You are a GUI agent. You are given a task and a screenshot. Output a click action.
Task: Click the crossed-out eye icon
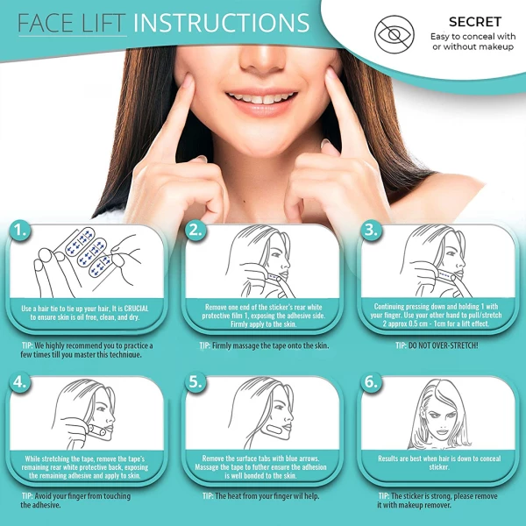(394, 34)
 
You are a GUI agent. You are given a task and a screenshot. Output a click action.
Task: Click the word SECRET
(475, 22)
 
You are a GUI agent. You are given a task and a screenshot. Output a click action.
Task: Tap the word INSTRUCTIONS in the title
(221, 23)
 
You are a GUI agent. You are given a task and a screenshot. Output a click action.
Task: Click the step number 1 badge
(20, 231)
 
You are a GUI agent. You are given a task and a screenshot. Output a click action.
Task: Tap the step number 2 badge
(195, 231)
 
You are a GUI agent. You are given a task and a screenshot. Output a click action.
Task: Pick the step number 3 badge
(371, 231)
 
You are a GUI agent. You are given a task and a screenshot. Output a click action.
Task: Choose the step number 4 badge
(20, 382)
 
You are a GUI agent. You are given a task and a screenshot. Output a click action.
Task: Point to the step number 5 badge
(195, 382)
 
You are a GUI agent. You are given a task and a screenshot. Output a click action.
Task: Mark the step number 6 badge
(371, 382)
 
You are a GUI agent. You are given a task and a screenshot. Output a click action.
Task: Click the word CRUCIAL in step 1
(136, 309)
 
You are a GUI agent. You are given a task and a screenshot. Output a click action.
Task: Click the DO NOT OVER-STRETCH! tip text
(443, 345)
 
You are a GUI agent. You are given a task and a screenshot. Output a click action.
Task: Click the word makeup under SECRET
(495, 46)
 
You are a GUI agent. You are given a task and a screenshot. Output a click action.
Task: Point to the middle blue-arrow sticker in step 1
(89, 255)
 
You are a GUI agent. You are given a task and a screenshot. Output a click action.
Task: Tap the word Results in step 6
(389, 458)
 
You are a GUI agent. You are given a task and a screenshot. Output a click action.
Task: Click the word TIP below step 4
(27, 496)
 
